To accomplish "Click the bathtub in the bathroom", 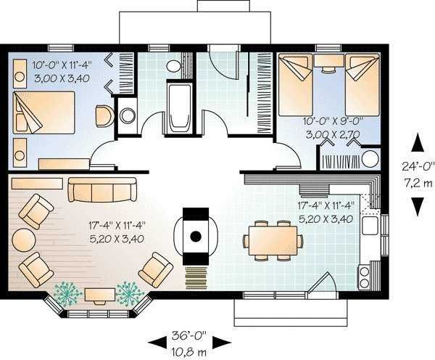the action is (x=180, y=109).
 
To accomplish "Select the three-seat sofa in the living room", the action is (x=103, y=189).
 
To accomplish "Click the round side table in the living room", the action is (x=24, y=240).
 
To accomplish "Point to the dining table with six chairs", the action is (x=273, y=240).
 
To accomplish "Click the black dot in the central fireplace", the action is (x=196, y=236).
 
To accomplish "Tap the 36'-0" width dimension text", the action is (x=189, y=336).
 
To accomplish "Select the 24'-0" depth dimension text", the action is (x=418, y=166).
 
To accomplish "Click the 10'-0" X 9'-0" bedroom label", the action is (x=333, y=121).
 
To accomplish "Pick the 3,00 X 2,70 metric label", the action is (x=333, y=134).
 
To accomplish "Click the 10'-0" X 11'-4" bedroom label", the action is (x=62, y=65).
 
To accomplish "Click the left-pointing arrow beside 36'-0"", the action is (x=157, y=343).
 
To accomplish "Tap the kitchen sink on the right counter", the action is (x=370, y=225).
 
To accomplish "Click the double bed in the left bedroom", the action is (x=43, y=112).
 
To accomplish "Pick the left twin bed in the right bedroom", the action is (x=296, y=85).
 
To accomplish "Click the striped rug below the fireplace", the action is (x=196, y=278).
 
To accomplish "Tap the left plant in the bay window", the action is (x=67, y=294).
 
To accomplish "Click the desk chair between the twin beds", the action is (x=328, y=69).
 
